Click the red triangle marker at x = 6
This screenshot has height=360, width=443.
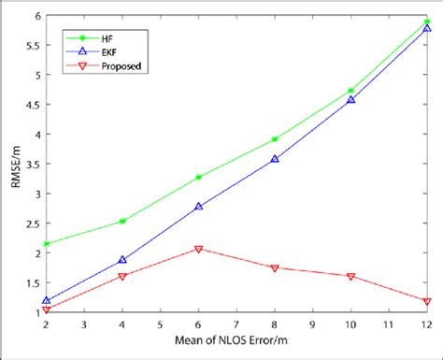pyautogui.click(x=198, y=249)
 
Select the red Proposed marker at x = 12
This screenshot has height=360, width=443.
pyautogui.click(x=427, y=301)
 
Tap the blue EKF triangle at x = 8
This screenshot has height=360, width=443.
pyautogui.click(x=275, y=160)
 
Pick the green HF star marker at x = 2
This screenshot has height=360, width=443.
pyautogui.click(x=46, y=243)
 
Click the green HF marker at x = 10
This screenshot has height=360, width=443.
pyautogui.click(x=350, y=91)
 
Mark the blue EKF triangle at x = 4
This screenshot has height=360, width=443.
pyautogui.click(x=122, y=260)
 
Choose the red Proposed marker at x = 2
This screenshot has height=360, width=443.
pyautogui.click(x=46, y=310)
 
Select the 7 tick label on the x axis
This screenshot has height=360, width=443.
pyautogui.click(x=236, y=324)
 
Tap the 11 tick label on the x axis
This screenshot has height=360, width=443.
pyautogui.click(x=389, y=324)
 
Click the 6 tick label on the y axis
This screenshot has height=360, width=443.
pyautogui.click(x=36, y=16)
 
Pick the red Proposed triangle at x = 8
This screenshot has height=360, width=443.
pyautogui.click(x=275, y=267)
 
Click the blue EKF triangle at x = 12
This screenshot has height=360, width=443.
pyautogui.click(x=427, y=29)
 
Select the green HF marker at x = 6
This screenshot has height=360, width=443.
pyautogui.click(x=198, y=177)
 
